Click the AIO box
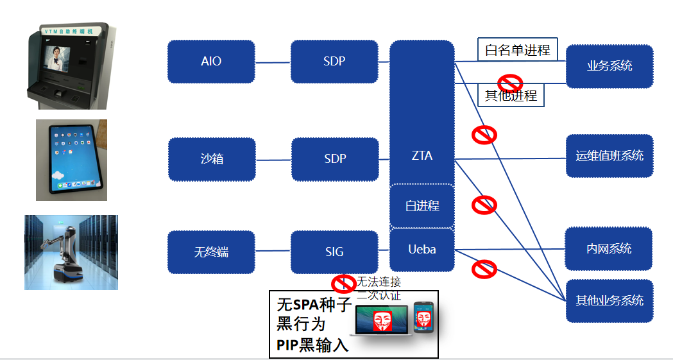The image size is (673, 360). pyautogui.click(x=211, y=62)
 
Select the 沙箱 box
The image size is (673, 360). pyautogui.click(x=212, y=159)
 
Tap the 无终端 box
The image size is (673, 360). pyautogui.click(x=211, y=252)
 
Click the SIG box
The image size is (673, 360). pyautogui.click(x=334, y=252)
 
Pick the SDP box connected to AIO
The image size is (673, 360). pyautogui.click(x=334, y=62)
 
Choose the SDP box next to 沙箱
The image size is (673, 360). pyautogui.click(x=335, y=159)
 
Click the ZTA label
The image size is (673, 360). pyautogui.click(x=422, y=155)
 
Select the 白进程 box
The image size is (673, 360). pyautogui.click(x=422, y=206)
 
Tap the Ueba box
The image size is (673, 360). pyautogui.click(x=422, y=249)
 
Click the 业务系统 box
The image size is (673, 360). pyautogui.click(x=609, y=65)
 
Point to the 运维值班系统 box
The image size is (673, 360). pyautogui.click(x=609, y=155)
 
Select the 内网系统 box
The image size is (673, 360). pyautogui.click(x=609, y=248)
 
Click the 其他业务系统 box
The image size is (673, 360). pyautogui.click(x=609, y=300)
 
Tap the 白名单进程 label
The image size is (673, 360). pyautogui.click(x=518, y=49)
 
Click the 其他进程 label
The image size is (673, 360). pyautogui.click(x=511, y=96)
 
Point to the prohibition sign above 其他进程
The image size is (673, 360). pyautogui.click(x=511, y=82)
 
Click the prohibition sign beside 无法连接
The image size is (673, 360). pyautogui.click(x=343, y=283)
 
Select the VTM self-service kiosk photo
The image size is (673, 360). pyautogui.click(x=68, y=65)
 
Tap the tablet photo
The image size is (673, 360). pyautogui.click(x=71, y=159)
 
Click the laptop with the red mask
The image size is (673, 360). pyautogui.click(x=382, y=320)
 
